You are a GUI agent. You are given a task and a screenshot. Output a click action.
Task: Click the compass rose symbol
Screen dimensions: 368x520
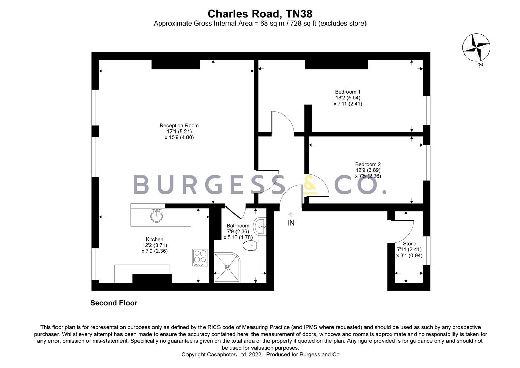coord(476,48)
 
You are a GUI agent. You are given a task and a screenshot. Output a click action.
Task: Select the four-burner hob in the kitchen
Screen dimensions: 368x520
coord(200,257)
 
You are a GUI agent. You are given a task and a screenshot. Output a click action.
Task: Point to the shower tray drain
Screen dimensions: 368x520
coord(228,268)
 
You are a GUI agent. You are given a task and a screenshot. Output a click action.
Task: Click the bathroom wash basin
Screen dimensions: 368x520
coord(261,227)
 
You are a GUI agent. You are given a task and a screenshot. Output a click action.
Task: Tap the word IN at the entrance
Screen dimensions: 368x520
coord(291,223)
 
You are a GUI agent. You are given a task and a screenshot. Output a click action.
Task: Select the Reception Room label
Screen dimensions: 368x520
coord(179,126)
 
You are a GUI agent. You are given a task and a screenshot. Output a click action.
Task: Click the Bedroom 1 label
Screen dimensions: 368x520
coord(347,92)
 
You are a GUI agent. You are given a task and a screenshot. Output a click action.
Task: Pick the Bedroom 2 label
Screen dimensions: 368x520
coord(368,164)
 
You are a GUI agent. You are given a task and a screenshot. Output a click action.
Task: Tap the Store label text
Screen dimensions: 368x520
coord(409,244)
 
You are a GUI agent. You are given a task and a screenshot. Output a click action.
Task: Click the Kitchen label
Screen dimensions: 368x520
coord(155,240)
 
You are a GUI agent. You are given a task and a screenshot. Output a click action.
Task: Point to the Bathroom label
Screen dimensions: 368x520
coord(238,226)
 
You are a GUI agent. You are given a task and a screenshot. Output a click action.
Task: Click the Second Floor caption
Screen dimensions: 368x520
coord(114,303)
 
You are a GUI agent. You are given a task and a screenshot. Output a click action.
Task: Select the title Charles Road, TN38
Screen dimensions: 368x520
coord(260,14)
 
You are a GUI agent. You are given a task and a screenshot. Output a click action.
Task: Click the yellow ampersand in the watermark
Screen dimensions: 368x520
coord(310,186)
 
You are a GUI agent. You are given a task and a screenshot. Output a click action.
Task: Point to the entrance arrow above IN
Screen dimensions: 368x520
coord(291,214)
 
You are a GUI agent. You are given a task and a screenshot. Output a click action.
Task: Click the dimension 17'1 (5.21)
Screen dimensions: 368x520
coord(179,132)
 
